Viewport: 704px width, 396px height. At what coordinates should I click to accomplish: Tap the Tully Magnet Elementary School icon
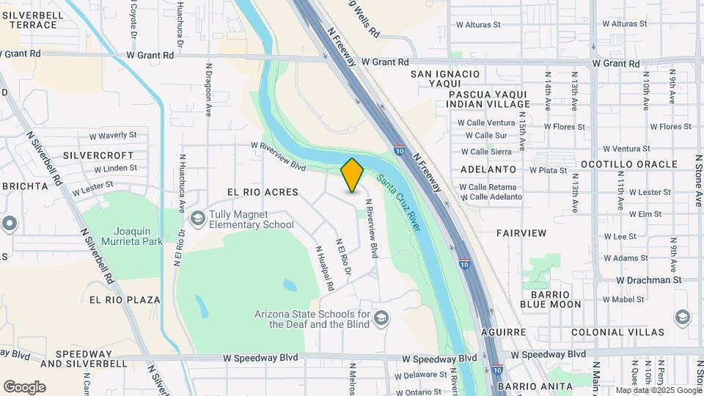tap(197, 218)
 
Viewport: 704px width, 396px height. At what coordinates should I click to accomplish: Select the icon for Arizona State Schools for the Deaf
tap(381, 318)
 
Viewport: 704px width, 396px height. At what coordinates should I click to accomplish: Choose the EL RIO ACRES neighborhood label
tap(263, 192)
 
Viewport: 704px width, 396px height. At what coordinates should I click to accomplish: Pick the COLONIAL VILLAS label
tap(633, 332)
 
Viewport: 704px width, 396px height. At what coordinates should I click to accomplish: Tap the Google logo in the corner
tap(24, 386)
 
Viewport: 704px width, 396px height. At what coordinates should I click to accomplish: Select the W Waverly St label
tap(113, 136)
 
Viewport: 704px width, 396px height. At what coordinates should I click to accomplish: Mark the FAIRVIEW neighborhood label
tap(521, 233)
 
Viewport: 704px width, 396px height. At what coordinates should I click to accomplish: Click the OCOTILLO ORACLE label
tap(628, 164)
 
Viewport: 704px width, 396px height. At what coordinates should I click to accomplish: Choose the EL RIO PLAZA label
tap(125, 300)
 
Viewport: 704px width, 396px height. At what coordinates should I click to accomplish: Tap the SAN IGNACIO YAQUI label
tap(445, 79)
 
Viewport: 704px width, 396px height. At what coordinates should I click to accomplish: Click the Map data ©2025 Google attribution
tap(658, 390)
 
